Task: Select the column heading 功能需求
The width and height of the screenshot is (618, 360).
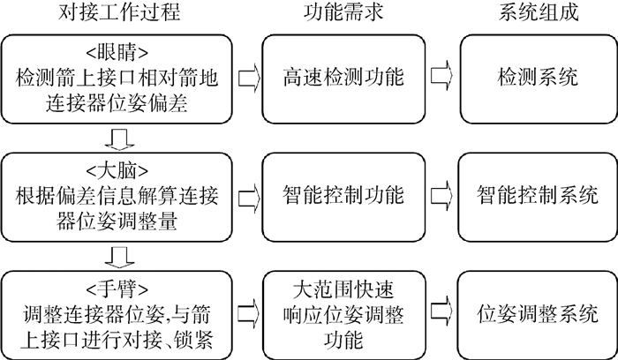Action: (342, 14)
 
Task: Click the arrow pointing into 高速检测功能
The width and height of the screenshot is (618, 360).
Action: (249, 78)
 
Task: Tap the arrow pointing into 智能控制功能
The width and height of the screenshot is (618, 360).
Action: (249, 192)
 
